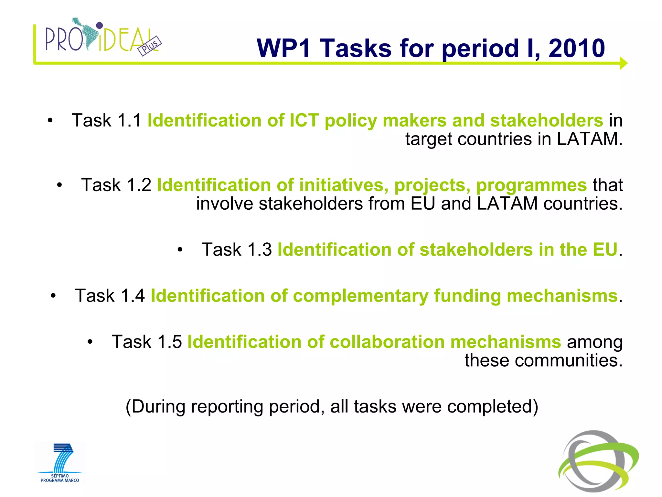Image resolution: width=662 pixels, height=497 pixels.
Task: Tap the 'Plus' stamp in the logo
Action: coord(149,46)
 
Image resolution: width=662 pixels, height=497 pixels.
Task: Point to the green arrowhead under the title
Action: coord(623,63)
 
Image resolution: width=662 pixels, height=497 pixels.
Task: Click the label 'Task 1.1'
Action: coord(106,120)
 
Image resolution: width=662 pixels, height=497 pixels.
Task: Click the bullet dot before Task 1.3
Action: coord(180,250)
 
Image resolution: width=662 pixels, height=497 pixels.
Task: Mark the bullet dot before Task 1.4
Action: coord(53,296)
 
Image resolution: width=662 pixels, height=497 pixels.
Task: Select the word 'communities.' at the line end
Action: coord(569,360)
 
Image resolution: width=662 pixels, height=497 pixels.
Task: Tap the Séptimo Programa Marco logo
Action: coord(60,463)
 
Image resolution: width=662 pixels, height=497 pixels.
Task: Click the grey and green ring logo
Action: coord(598,461)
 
